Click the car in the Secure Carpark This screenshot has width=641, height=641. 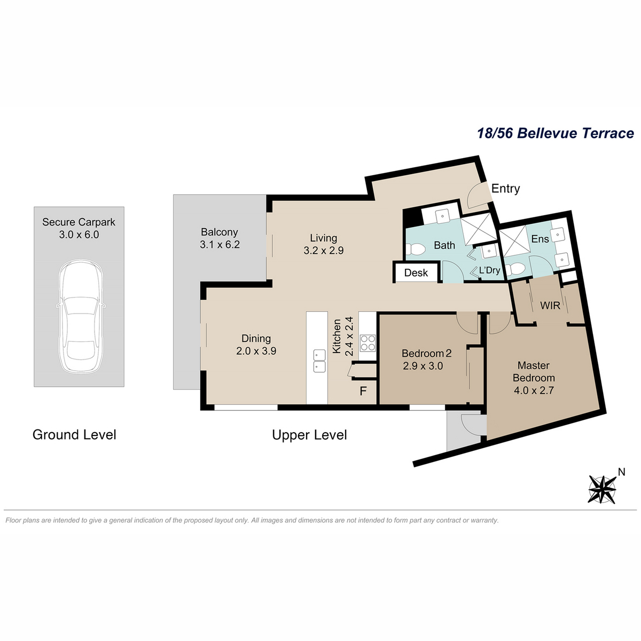tap(81, 316)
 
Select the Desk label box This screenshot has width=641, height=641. tap(416, 272)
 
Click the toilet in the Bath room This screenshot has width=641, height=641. tap(416, 248)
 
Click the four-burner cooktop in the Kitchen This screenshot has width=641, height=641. tap(368, 343)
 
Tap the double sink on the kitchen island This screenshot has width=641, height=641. tap(319, 361)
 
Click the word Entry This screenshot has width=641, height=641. tap(505, 189)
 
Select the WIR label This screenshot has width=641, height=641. tap(550, 306)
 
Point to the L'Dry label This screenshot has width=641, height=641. tap(490, 270)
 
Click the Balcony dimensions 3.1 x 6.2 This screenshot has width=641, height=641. tap(220, 245)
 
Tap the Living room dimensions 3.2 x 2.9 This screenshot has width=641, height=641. tap(323, 251)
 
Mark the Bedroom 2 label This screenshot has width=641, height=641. tap(426, 353)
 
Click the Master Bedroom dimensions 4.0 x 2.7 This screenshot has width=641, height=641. tap(534, 390)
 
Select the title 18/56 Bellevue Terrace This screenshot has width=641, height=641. tap(556, 133)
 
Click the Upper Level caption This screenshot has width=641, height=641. tap(309, 435)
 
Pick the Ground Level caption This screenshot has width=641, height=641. tap(74, 435)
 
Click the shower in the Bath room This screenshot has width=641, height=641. tap(476, 228)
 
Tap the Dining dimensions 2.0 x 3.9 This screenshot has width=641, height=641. tap(256, 351)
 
